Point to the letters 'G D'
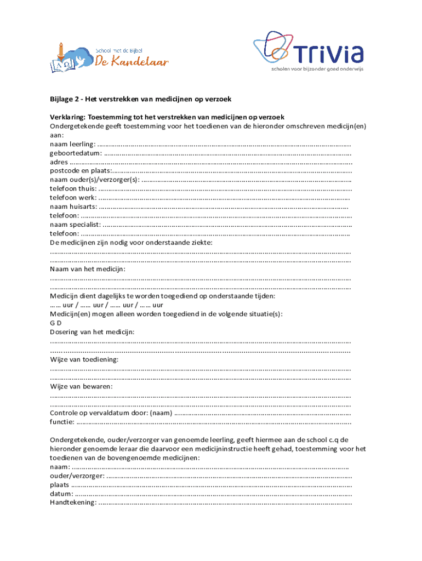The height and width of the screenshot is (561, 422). coord(55,323)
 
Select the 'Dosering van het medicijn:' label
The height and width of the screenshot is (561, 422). coord(92,332)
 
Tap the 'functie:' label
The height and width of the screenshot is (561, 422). coord(62,422)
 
